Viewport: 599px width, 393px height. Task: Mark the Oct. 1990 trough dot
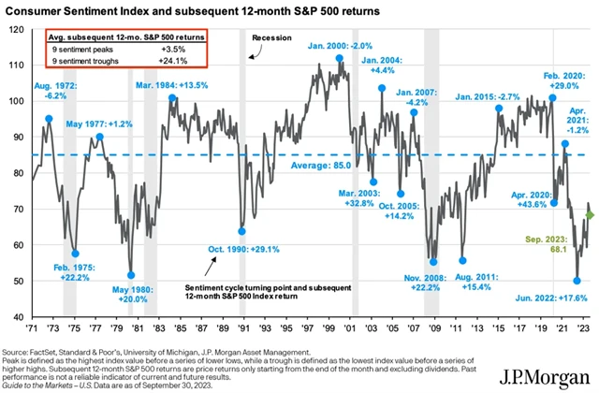(x=241, y=231)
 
